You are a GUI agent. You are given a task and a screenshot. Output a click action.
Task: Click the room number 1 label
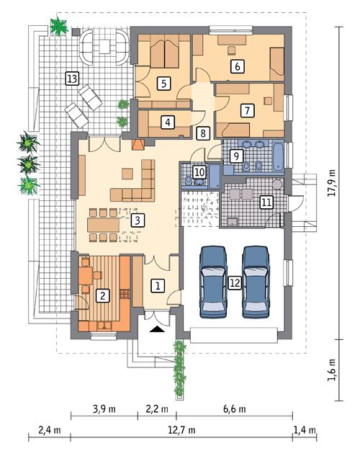(156, 285)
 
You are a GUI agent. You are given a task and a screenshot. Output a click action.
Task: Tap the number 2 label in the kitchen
(103, 294)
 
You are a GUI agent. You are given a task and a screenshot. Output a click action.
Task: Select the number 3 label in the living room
(138, 220)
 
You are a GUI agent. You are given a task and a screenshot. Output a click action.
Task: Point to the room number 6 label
(235, 66)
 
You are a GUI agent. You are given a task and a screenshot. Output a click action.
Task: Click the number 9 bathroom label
(235, 155)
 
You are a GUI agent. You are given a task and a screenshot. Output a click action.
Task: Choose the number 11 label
(266, 202)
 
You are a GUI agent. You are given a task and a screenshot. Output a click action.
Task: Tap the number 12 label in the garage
(234, 283)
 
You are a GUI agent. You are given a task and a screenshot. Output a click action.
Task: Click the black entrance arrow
(156, 328)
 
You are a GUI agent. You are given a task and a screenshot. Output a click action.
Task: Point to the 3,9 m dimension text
(104, 408)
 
